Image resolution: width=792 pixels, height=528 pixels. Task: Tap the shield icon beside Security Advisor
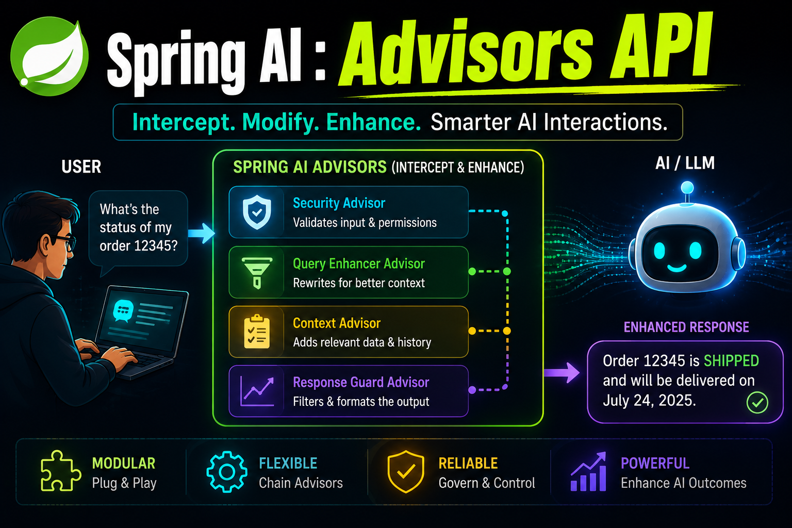point(257,212)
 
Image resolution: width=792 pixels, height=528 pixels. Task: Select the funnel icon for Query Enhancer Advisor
point(257,273)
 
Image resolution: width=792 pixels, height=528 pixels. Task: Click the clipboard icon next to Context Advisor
point(257,332)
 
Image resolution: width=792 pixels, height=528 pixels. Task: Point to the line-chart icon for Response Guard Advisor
point(257,391)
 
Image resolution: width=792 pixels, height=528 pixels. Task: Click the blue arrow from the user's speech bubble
point(202,233)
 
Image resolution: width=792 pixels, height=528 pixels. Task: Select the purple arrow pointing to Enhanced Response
point(562,372)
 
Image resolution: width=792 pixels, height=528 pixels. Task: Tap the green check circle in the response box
point(757,403)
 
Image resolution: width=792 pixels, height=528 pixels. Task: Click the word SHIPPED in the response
point(731,361)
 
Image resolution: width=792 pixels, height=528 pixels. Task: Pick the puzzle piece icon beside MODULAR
point(60,471)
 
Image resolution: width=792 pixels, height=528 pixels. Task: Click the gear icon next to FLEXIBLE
point(227,472)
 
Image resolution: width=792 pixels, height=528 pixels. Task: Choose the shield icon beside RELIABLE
point(406,471)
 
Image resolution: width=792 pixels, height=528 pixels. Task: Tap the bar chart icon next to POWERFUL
point(589,472)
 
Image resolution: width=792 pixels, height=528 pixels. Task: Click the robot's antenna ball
point(687,188)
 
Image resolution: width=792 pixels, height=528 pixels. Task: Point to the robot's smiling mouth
point(676,269)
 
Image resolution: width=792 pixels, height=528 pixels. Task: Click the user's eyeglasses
point(64,243)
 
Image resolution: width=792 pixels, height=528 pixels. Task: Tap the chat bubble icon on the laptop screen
point(123,310)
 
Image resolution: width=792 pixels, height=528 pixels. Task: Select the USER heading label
point(81,167)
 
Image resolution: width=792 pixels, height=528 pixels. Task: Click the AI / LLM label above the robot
point(685,163)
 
